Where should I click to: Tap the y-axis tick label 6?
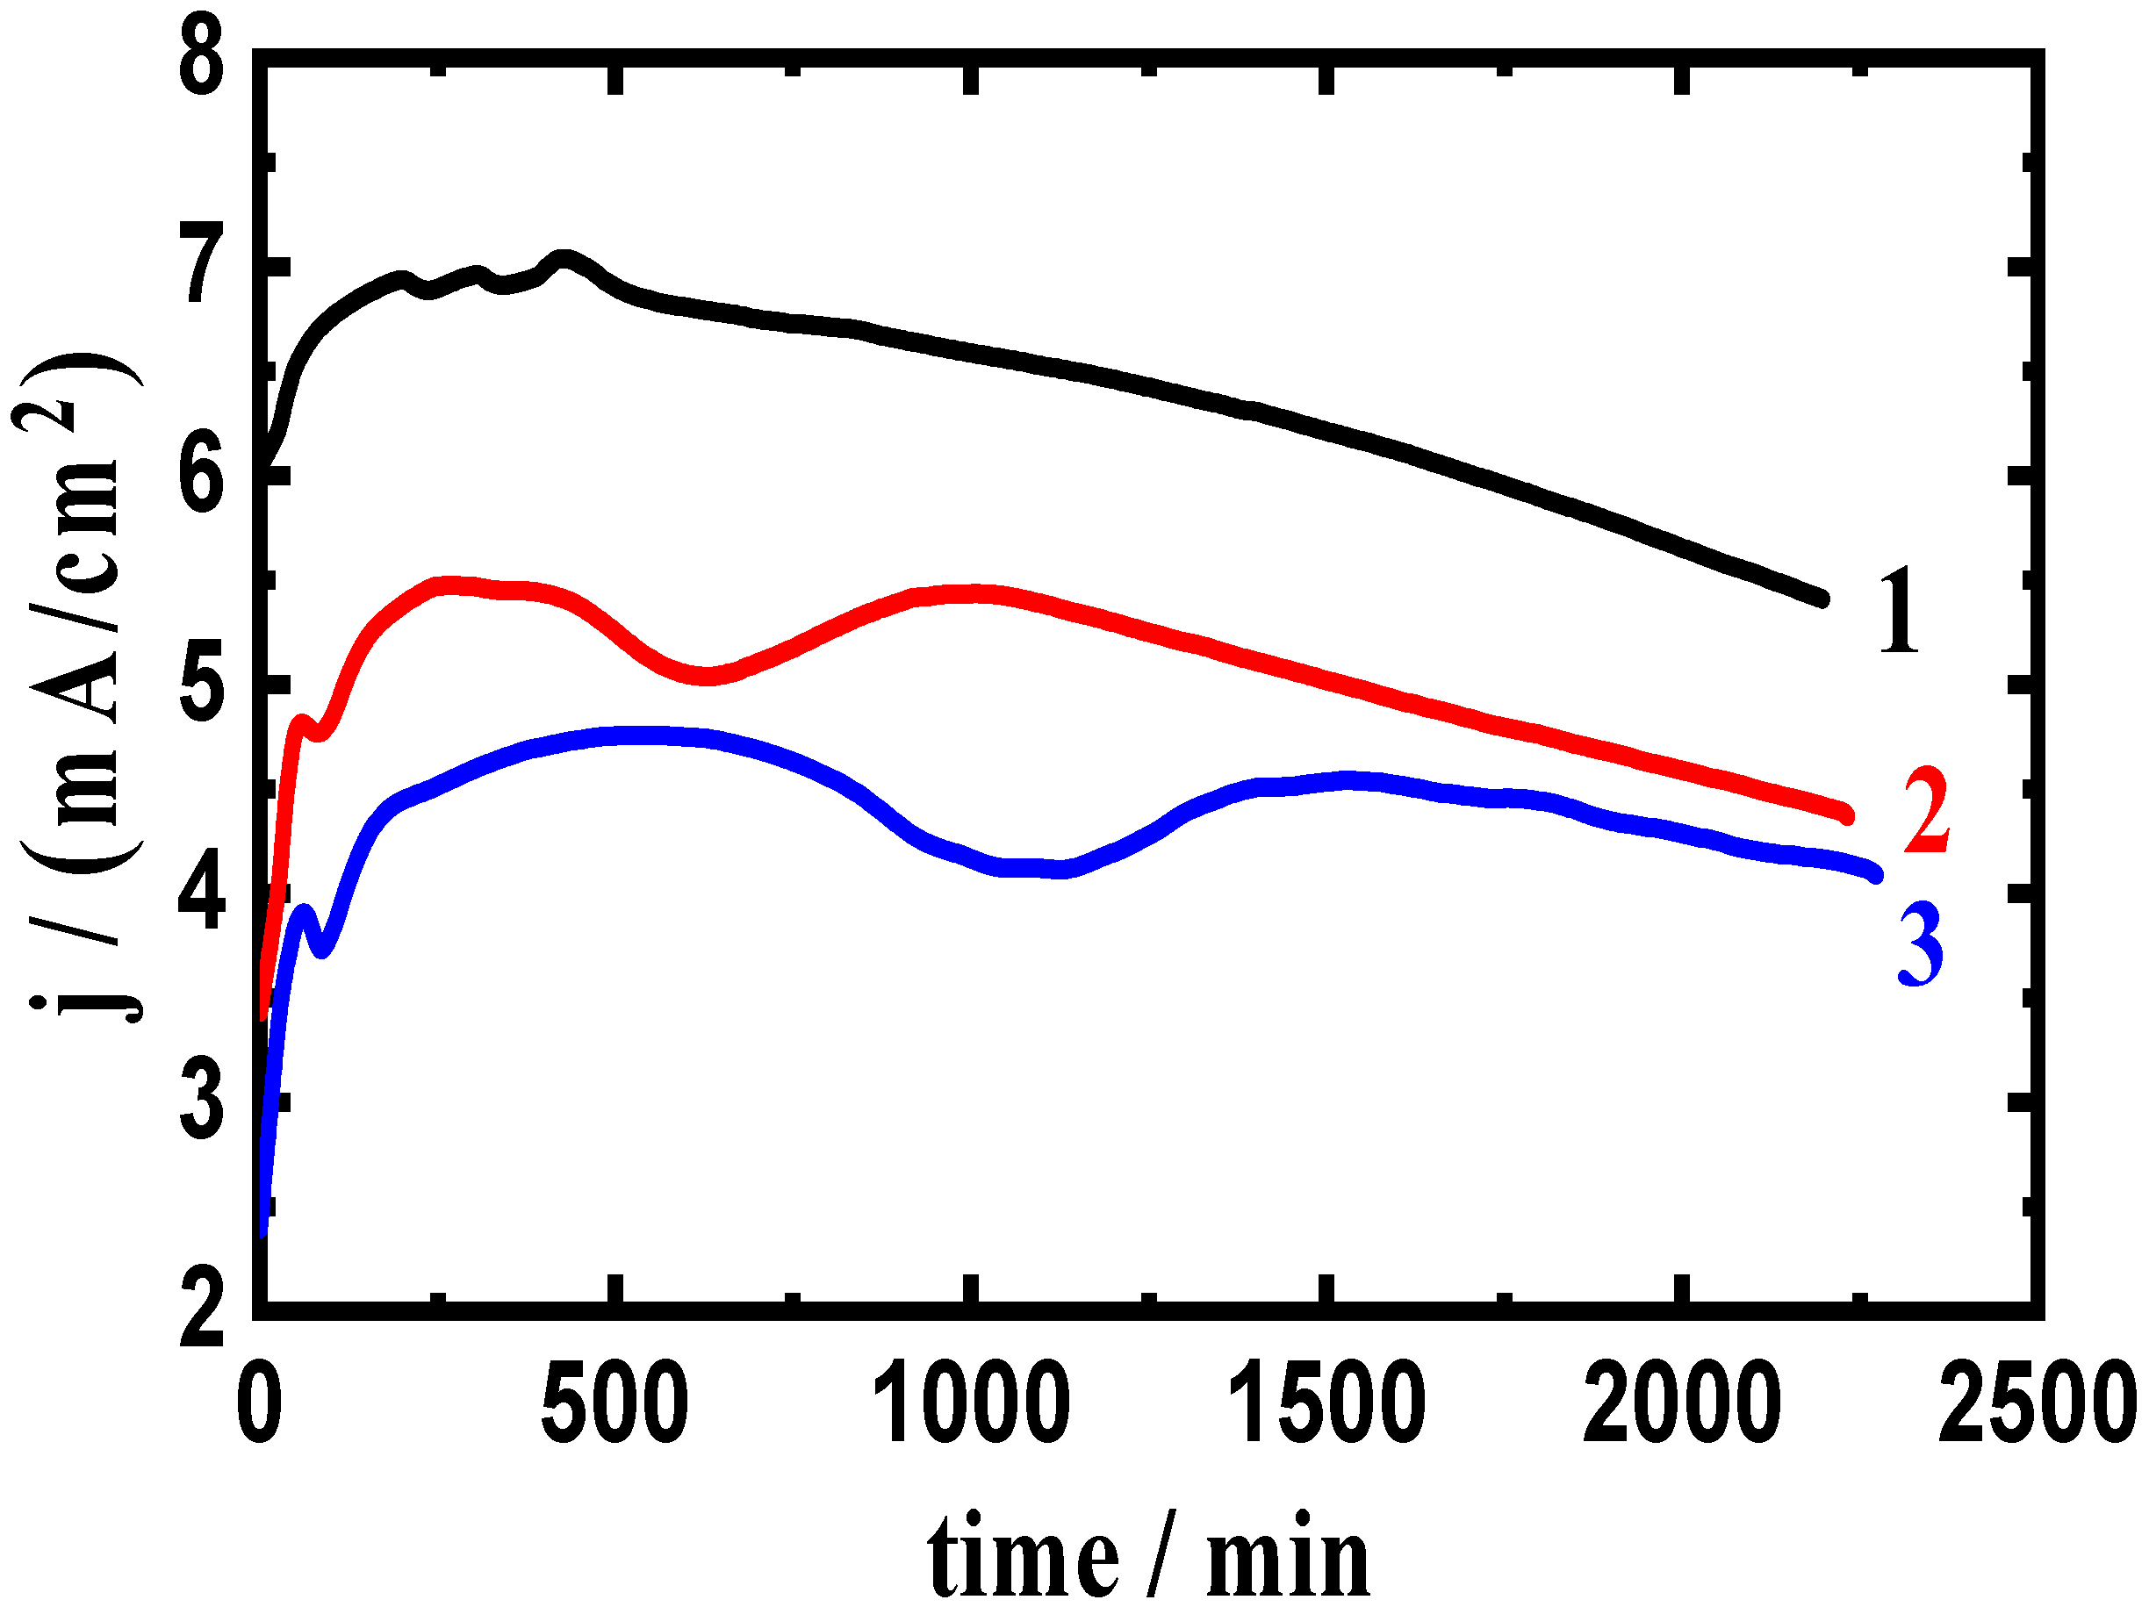pos(204,474)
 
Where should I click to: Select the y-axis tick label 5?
pos(204,685)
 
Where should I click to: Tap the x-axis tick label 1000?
pos(972,1406)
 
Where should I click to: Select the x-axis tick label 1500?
pos(1327,1406)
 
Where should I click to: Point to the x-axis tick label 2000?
pos(1683,1406)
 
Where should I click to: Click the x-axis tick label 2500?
pos(2038,1406)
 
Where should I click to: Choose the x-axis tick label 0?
pos(261,1406)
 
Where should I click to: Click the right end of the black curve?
pos(1822,599)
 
